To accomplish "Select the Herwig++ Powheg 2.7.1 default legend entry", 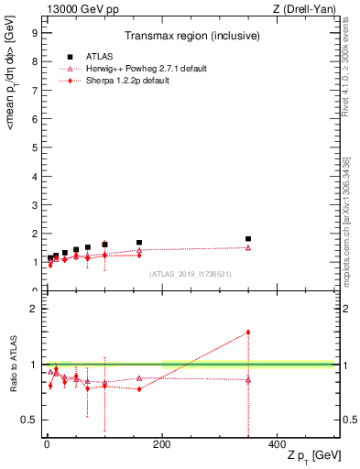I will point(128,69).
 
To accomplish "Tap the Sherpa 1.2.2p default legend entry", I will point(117,81).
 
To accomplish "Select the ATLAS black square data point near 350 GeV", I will point(248,239).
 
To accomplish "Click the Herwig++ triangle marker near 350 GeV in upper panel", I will point(248,247).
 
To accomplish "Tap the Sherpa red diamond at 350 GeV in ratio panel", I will point(248,333).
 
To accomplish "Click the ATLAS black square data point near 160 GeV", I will point(139,243).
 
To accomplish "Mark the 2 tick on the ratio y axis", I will point(34,309).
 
